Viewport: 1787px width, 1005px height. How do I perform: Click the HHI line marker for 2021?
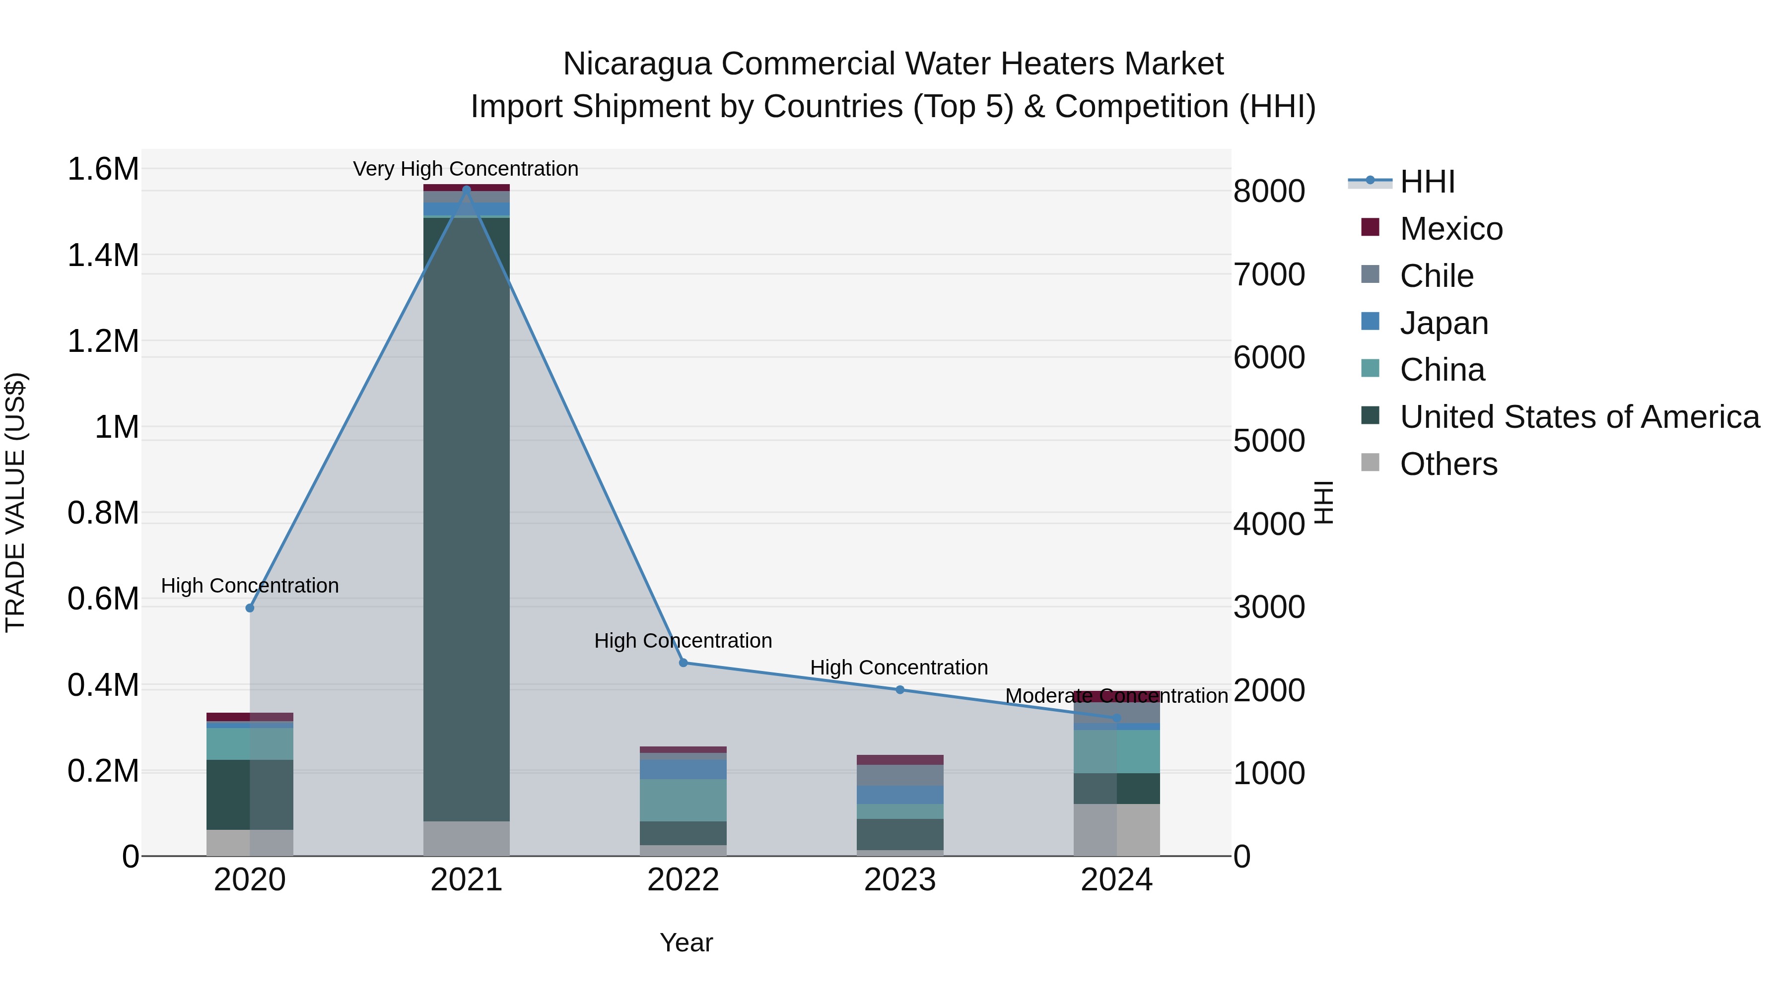[466, 190]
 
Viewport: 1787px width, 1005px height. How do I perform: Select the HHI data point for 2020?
[250, 607]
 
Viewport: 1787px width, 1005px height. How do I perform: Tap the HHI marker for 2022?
[684, 663]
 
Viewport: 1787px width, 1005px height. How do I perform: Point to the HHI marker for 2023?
[900, 689]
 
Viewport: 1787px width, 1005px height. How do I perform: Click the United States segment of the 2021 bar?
[466, 520]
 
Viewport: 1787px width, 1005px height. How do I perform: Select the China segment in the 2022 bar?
[684, 800]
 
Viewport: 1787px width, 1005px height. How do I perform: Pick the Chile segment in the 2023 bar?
[900, 775]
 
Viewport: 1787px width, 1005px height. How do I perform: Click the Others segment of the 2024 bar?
[1117, 829]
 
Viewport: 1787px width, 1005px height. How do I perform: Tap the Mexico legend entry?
[1450, 229]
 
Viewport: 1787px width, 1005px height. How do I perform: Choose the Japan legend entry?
[1443, 323]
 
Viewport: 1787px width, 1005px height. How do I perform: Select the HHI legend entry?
[1426, 182]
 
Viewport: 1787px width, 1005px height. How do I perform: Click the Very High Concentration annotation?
[466, 169]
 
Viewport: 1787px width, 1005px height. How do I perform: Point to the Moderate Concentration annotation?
[1116, 696]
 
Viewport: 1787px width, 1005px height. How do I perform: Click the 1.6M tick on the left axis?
[103, 169]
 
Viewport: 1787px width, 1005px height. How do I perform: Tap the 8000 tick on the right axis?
[1269, 192]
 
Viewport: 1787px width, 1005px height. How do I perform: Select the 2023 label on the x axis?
[900, 880]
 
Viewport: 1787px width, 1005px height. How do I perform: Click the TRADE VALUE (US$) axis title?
[15, 502]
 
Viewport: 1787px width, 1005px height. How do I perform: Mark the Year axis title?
[686, 942]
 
